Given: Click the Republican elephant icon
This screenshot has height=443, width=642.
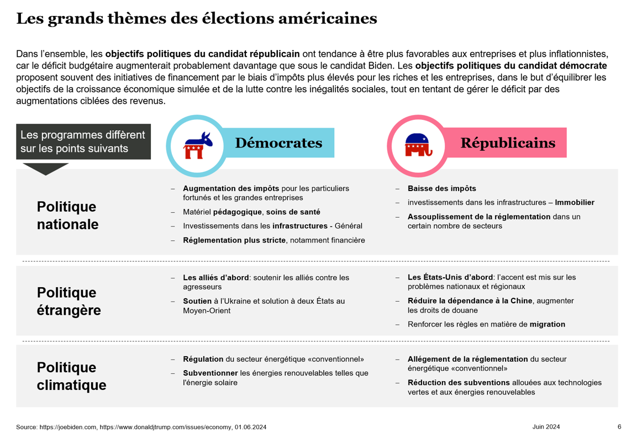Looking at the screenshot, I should tap(418, 145).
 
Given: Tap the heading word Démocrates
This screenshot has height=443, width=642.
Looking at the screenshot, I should tap(278, 143).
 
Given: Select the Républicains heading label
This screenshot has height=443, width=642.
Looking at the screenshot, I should tap(508, 143).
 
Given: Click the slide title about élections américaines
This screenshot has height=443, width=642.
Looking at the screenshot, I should tap(197, 18).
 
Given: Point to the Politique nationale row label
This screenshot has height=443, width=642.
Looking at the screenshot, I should tap(67, 215).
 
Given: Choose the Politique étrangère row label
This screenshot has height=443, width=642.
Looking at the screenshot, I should tap(69, 301).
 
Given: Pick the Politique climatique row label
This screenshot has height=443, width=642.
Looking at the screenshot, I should tap(71, 376).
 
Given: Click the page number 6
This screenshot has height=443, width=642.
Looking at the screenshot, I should tap(619, 427).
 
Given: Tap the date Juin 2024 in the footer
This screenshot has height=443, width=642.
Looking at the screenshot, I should tap(546, 427).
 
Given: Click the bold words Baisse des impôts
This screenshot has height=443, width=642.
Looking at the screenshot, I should tap(441, 189).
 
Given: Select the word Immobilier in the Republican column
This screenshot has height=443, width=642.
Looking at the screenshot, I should tap(575, 203).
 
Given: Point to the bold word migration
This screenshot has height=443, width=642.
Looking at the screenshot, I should tap(547, 324).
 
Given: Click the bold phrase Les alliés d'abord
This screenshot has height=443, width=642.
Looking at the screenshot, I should tap(216, 278).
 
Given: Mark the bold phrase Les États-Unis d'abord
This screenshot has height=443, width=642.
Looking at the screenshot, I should tap(450, 277).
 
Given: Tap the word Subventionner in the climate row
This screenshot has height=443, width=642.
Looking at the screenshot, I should tap(210, 373).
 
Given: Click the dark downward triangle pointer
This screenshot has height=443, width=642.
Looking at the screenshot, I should tap(45, 169).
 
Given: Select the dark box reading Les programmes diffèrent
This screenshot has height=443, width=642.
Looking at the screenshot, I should tap(83, 142).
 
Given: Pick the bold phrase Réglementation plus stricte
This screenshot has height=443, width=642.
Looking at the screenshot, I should tap(234, 240).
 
